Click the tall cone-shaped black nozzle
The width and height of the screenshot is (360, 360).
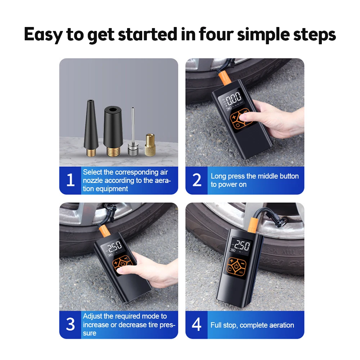91,128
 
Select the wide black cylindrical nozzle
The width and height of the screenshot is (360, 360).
112,131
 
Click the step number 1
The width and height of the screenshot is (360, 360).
71,180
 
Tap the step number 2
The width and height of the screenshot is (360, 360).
197,180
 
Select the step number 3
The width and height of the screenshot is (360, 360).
70,324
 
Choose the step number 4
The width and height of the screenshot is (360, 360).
197,324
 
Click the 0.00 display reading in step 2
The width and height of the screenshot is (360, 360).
234,98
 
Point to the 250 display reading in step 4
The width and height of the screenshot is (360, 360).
242,246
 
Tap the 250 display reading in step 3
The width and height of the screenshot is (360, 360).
115,247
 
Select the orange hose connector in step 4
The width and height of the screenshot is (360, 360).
253,225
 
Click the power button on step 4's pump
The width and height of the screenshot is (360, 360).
236,266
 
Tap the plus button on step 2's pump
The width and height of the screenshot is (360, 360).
234,117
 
